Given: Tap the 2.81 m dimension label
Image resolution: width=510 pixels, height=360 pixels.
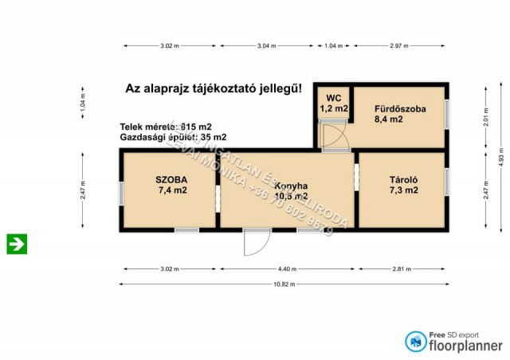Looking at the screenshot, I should coord(402,269).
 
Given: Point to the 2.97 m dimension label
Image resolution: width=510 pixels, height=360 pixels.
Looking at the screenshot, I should coord(400,46).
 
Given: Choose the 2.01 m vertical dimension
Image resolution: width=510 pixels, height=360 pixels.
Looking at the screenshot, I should coord(485,117).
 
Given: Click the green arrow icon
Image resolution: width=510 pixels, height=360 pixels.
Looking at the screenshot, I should coord(17,244).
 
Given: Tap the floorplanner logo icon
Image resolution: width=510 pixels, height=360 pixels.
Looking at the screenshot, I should coord(415,341).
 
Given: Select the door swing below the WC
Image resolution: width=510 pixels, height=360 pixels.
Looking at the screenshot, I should coord(335,138).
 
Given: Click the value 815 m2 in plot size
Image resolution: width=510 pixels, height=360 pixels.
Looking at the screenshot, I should coord(195,127).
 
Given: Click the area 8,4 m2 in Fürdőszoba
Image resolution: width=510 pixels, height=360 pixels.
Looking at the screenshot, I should coord(390,119).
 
